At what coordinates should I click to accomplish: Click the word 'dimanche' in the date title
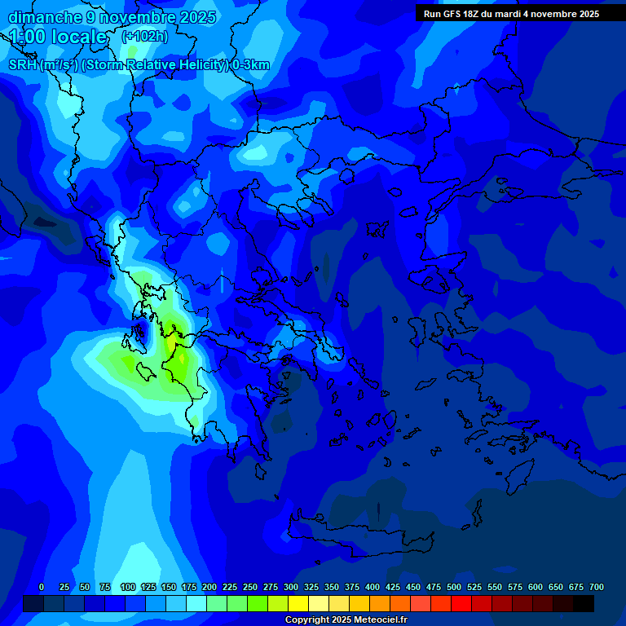click(41, 17)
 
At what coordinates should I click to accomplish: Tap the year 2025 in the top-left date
click(196, 17)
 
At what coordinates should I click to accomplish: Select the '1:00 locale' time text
click(58, 37)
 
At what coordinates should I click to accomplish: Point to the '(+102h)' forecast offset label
click(144, 36)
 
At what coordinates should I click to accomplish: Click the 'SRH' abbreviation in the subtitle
click(22, 65)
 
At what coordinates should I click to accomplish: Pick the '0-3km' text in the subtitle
click(250, 65)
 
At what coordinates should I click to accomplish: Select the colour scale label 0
click(42, 587)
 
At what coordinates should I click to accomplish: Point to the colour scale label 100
click(128, 587)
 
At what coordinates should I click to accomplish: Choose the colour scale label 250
click(250, 587)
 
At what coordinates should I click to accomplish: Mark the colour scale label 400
click(373, 587)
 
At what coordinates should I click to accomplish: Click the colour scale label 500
click(454, 587)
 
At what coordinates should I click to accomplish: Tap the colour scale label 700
click(597, 587)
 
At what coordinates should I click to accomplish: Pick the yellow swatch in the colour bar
click(298, 603)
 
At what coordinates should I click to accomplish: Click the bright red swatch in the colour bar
click(461, 603)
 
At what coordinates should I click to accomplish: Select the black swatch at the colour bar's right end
click(584, 603)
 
